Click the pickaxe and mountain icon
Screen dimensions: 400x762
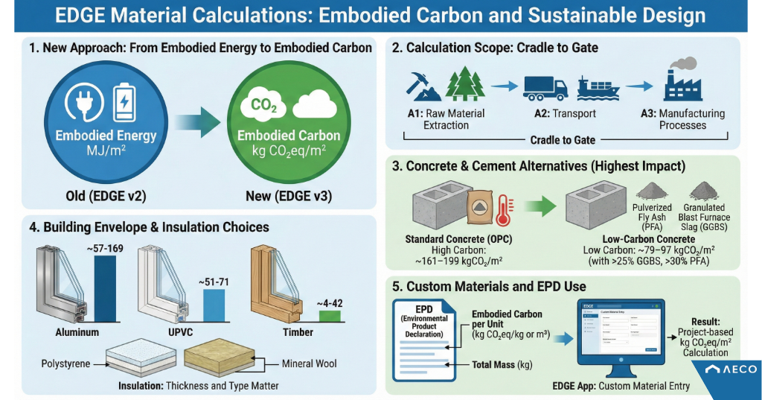coord(424,85)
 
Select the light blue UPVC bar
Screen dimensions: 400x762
coord(214,306)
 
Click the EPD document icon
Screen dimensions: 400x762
coord(426,339)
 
